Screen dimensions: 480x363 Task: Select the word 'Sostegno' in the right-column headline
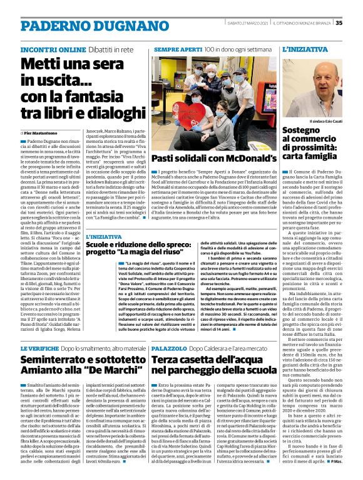pyautogui.click(x=300, y=130)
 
